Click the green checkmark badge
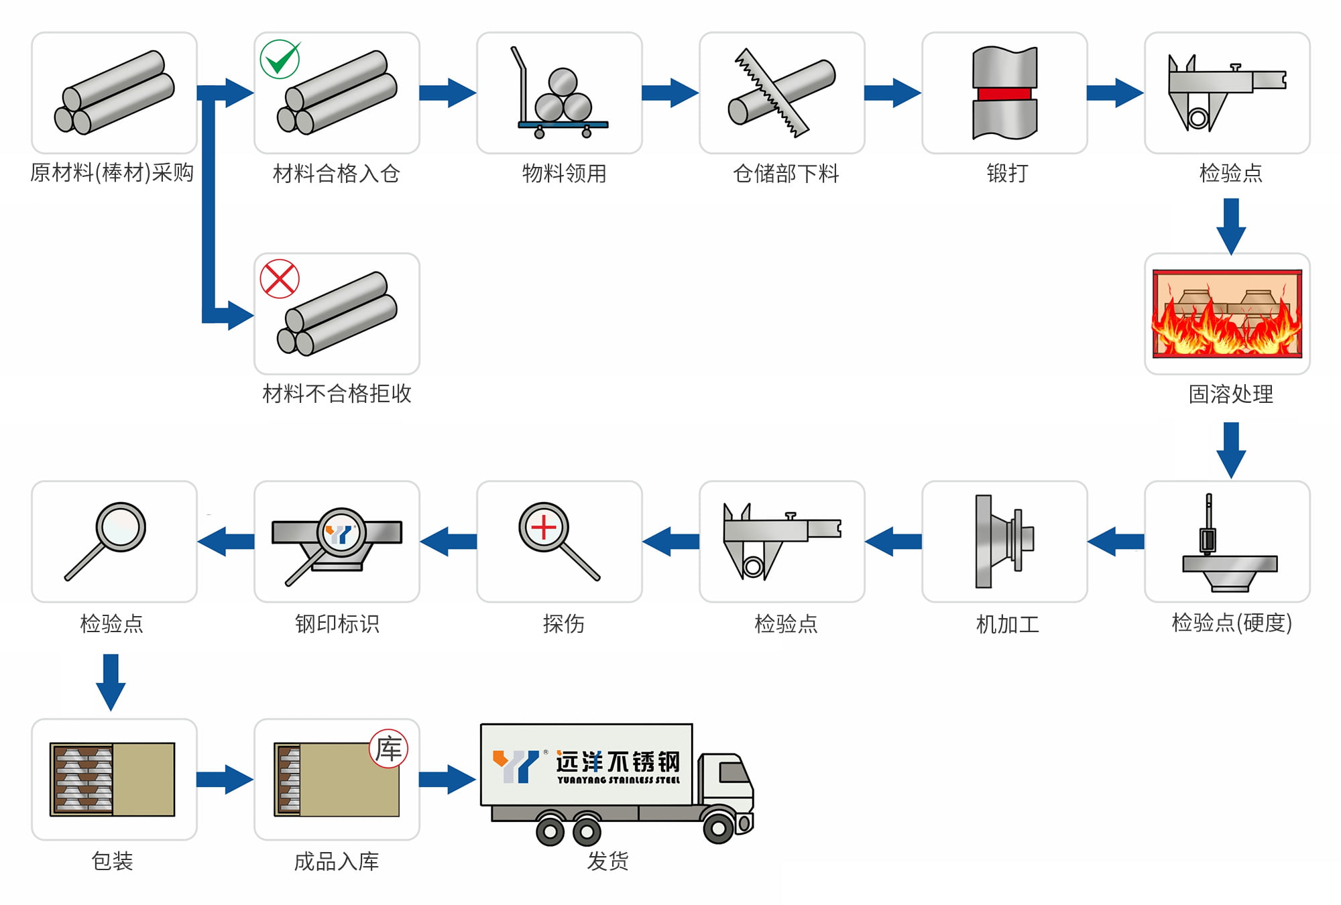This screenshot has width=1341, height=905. (x=280, y=59)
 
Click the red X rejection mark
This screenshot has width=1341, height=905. (x=280, y=279)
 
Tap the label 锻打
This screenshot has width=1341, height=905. (x=1007, y=174)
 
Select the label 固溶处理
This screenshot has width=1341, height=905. (x=1230, y=394)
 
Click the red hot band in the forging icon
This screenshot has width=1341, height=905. (x=1004, y=93)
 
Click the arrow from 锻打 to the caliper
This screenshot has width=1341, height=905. (x=1114, y=93)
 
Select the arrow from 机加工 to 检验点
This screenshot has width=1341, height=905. (x=894, y=541)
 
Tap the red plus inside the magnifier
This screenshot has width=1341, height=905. (x=544, y=528)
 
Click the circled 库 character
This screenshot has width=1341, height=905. (x=389, y=748)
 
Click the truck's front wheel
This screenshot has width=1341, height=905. (x=718, y=829)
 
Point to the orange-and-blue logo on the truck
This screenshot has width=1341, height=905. (x=515, y=766)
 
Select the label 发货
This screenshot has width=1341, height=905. (x=607, y=861)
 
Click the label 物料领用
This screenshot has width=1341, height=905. (x=564, y=174)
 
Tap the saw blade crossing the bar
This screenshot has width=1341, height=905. (x=771, y=93)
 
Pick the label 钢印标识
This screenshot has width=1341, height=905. (x=337, y=624)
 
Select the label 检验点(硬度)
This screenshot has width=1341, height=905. (x=1231, y=623)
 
